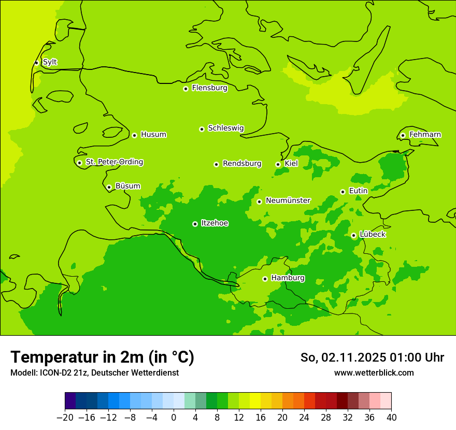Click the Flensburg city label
coord(209,88)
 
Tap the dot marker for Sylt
coord(36,63)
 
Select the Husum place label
coord(153,135)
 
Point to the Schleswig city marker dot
coord(202,129)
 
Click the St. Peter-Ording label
coord(115,162)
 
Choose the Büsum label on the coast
coord(127,186)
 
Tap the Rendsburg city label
coord(242,164)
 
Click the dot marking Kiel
coord(278,164)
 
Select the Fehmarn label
coord(425,135)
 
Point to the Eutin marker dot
coord(343,192)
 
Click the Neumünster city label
coord(288,200)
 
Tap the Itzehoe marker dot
coord(195,224)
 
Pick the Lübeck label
coord(373,234)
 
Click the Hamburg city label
coord(288,278)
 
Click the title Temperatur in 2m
coord(102,357)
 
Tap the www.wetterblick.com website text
coord(374,372)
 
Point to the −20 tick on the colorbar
coord(65,417)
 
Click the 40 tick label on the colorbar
coord(391,417)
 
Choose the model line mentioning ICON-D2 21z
coord(94,372)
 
